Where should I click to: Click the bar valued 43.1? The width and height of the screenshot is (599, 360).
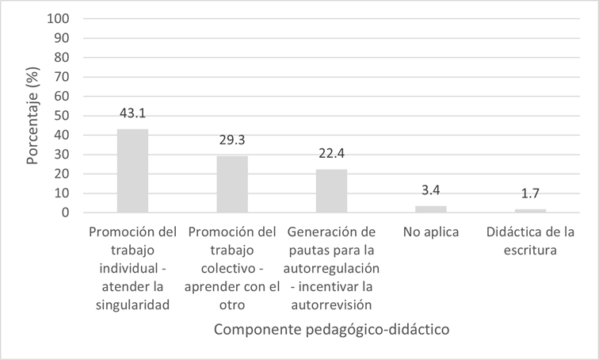pos(132,170)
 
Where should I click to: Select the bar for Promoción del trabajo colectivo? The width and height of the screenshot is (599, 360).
pos(232,184)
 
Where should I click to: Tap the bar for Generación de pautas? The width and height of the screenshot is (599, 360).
pos(331,191)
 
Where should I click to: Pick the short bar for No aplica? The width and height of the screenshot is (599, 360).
pos(430,209)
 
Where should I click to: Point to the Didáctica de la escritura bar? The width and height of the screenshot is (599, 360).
pos(530,211)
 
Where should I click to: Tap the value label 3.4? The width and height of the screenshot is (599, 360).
pos(430,192)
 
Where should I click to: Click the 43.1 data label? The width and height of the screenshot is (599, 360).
pos(132,115)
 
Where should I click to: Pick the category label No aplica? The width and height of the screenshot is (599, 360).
pos(430,232)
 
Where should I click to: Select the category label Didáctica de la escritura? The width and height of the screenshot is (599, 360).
pos(530,239)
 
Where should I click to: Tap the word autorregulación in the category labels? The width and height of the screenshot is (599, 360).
pos(331,270)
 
